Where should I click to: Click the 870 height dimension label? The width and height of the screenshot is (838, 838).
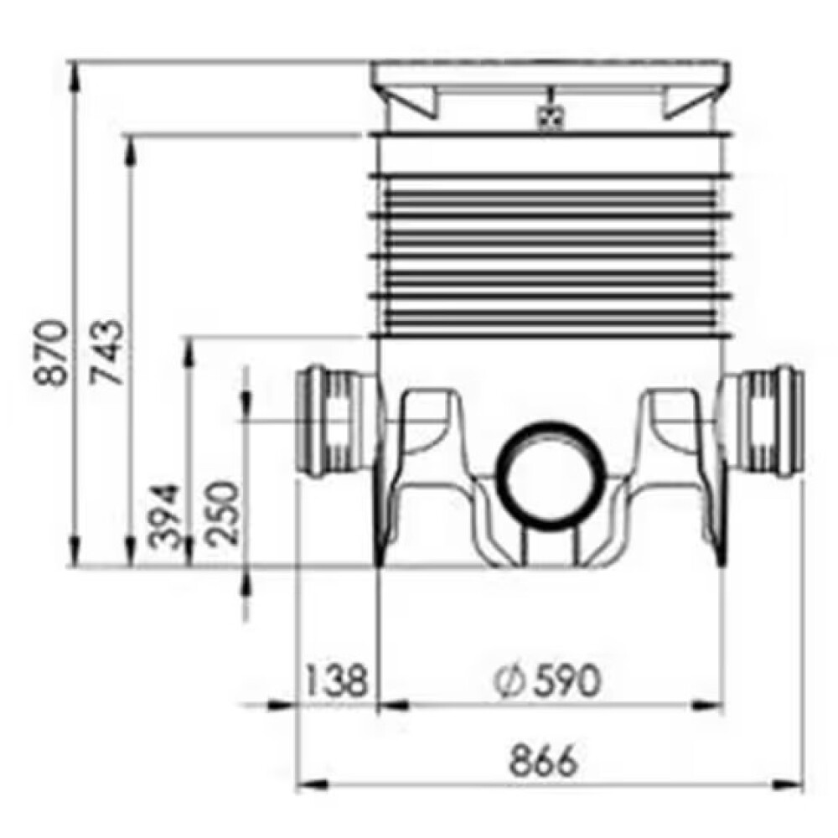50,352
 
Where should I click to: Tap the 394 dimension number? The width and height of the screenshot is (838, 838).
164,517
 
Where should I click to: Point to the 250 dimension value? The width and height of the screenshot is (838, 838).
223,513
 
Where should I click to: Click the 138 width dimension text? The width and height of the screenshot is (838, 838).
338,680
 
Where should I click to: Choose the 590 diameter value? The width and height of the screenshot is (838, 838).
566,680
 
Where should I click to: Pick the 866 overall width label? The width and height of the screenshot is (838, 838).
544,761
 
